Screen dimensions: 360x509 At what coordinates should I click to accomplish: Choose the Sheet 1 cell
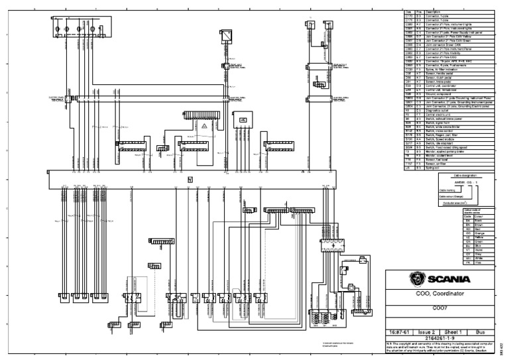[453, 330]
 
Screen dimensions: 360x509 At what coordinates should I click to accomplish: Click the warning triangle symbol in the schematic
[205, 125]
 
